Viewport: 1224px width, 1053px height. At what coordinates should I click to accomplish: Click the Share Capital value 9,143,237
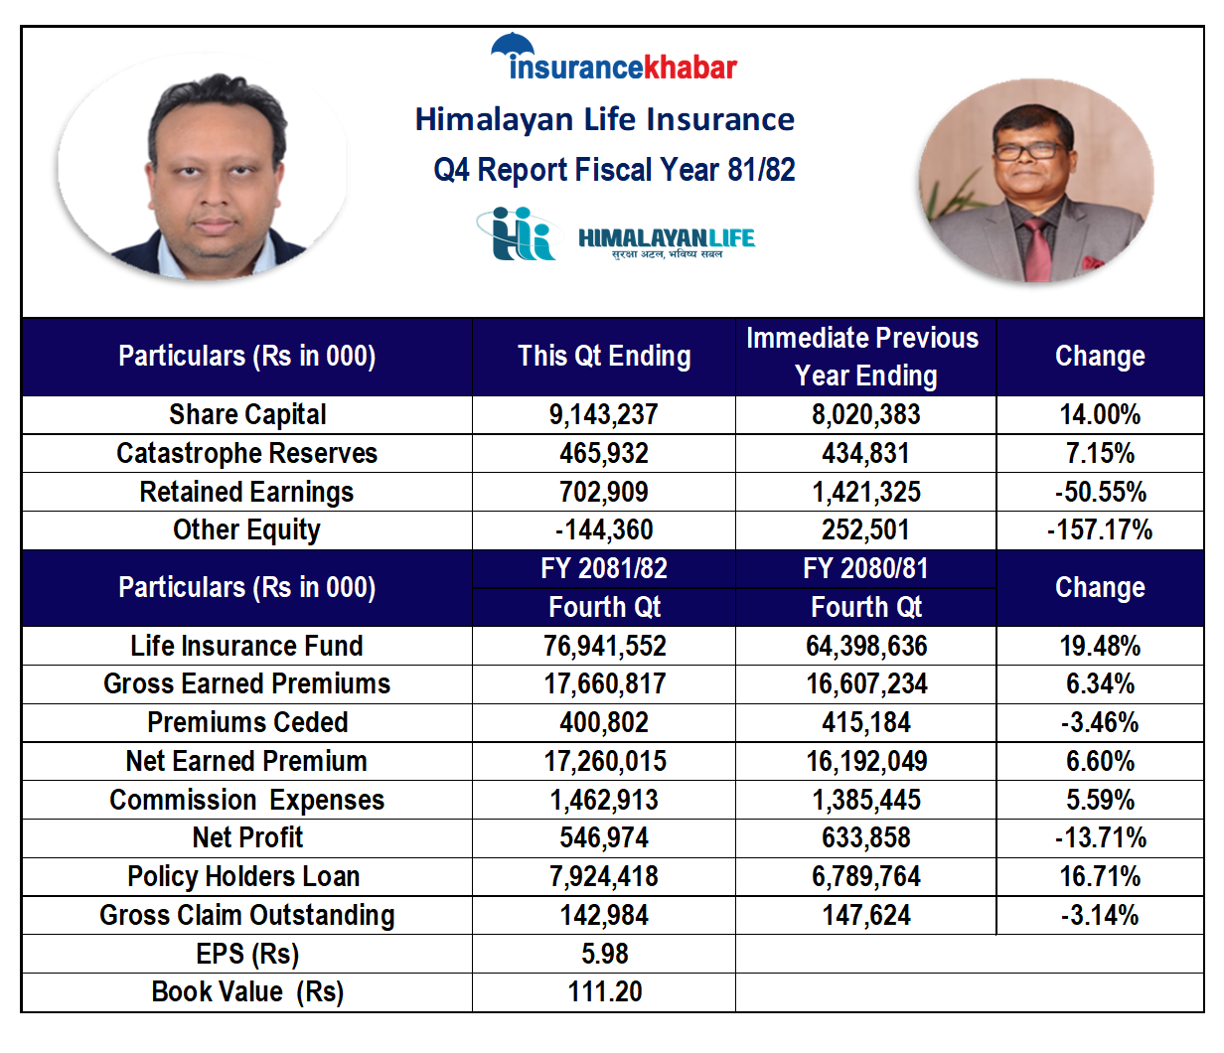(x=603, y=414)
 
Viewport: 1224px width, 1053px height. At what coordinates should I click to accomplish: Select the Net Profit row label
(x=247, y=837)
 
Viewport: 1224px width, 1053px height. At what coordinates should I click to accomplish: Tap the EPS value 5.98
(x=604, y=954)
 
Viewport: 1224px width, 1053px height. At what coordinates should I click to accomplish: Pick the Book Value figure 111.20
(x=604, y=991)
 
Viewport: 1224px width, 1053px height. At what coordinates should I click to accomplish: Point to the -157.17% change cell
(x=1100, y=529)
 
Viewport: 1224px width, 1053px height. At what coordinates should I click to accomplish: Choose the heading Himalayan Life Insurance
(x=604, y=119)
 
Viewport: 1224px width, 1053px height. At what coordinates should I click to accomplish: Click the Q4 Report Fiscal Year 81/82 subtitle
(x=614, y=170)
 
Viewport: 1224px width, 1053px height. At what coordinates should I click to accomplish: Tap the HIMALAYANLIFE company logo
(x=615, y=235)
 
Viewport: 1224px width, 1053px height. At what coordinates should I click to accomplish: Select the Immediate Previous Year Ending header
(x=862, y=357)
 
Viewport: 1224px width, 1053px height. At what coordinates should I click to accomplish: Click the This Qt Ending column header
(x=604, y=356)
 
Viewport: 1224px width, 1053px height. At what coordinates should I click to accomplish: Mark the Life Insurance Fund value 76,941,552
(x=604, y=646)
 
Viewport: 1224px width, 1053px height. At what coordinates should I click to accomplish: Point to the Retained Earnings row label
(x=246, y=492)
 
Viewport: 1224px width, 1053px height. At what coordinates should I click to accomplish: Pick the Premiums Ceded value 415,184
(x=866, y=722)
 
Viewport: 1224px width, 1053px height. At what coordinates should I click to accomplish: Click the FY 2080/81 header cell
(x=865, y=568)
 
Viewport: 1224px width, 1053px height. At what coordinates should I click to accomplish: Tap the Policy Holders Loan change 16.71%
(x=1100, y=876)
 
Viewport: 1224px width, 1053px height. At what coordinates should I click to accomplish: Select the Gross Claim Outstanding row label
(x=246, y=915)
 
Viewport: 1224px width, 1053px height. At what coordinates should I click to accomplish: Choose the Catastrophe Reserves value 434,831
(x=866, y=453)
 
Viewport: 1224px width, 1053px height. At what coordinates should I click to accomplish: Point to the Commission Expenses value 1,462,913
(x=604, y=800)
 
